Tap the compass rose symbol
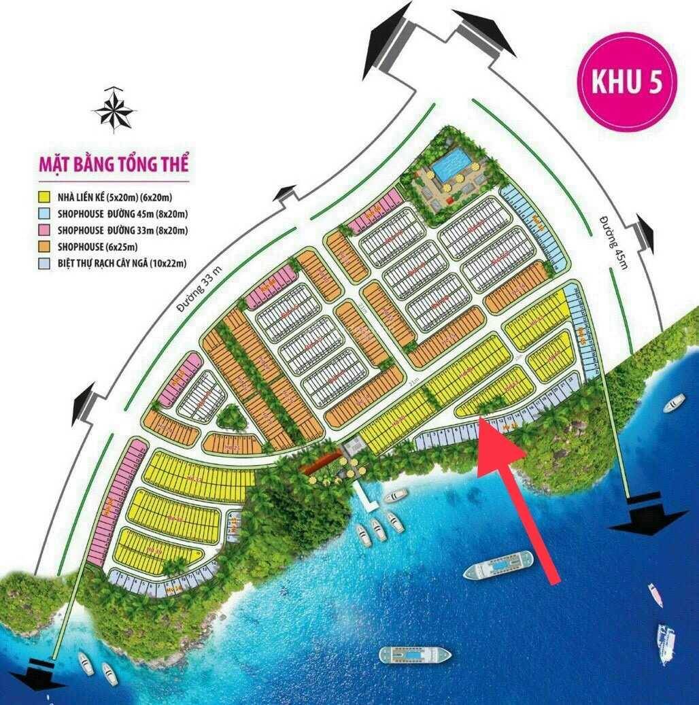[x=114, y=110]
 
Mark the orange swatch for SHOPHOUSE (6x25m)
[x=46, y=247]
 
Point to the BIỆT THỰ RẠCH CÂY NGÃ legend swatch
[x=46, y=263]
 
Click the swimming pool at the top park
[x=451, y=165]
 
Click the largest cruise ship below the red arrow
[x=499, y=565]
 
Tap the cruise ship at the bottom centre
[x=415, y=655]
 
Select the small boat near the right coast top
[x=675, y=402]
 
